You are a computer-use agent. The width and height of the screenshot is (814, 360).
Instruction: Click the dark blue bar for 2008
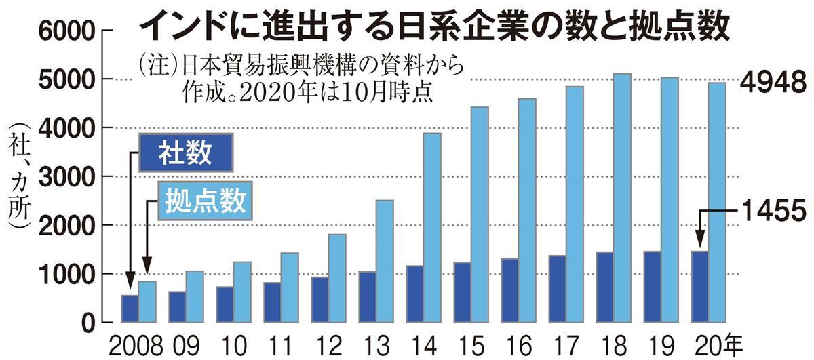tap(129, 309)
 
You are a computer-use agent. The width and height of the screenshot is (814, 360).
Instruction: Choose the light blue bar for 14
tap(431, 228)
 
